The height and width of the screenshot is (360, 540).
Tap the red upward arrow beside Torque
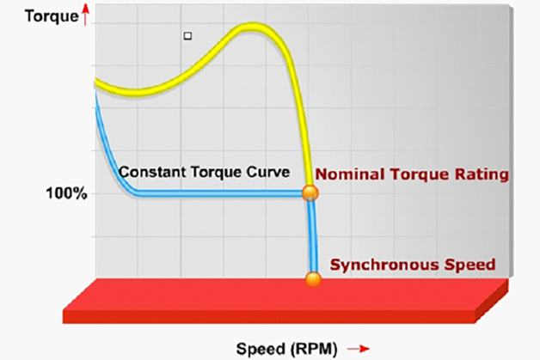pos(55,14)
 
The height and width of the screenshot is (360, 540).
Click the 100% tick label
pos(66,193)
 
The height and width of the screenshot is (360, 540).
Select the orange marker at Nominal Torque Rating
pos(310,192)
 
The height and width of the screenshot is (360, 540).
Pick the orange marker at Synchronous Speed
pos(314,278)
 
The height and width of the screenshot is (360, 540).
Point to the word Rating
pos(480,174)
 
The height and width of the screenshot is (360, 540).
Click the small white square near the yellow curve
pos(187,36)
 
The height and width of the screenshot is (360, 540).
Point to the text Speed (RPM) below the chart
pos(287,349)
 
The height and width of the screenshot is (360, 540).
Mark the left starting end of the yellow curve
pos(96,82)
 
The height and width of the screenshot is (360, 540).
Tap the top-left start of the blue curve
pos(95,93)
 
